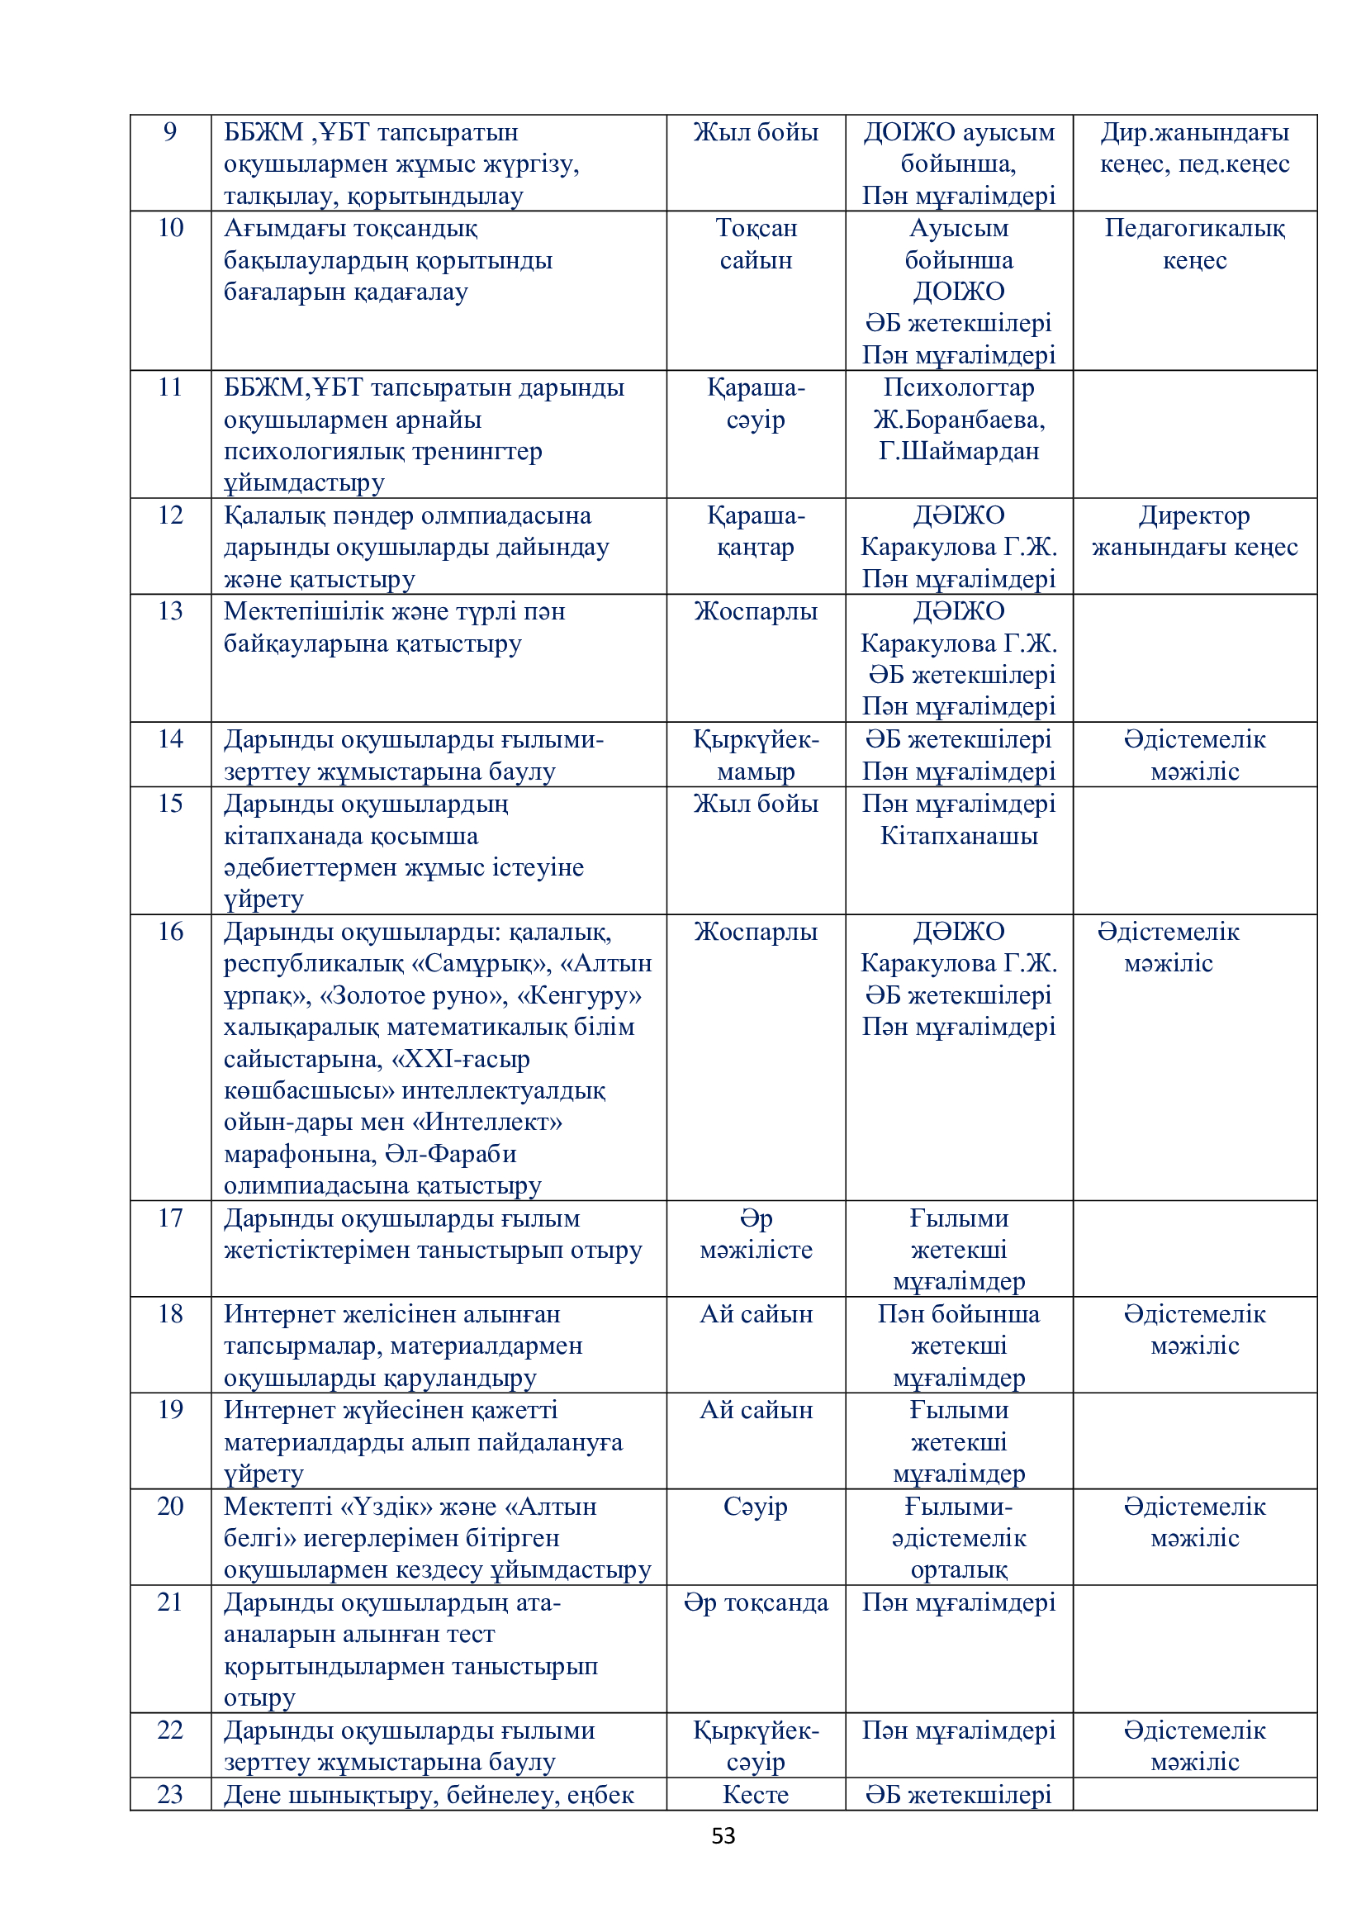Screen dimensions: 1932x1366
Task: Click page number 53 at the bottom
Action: pyautogui.click(x=723, y=1835)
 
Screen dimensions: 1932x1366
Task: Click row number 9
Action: pyautogui.click(x=170, y=132)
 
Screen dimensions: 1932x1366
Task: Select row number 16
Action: pyautogui.click(x=170, y=932)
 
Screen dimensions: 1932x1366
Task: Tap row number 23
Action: pyautogui.click(x=170, y=1794)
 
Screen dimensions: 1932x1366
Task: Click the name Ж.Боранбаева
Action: pyautogui.click(x=959, y=419)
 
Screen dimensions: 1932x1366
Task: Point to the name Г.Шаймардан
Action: pyautogui.click(x=959, y=451)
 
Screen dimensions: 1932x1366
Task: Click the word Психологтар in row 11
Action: pyautogui.click(x=959, y=387)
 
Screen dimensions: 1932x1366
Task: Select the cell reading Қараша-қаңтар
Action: pyautogui.click(x=756, y=531)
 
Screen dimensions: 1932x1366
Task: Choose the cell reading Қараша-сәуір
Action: pyautogui.click(x=756, y=403)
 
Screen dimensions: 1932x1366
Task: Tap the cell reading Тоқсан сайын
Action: pyautogui.click(x=756, y=244)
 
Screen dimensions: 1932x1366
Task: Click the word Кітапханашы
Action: pyautogui.click(x=959, y=836)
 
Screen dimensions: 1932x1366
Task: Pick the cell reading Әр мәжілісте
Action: pyautogui.click(x=756, y=1233)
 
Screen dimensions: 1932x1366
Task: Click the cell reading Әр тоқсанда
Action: pyautogui.click(x=756, y=1602)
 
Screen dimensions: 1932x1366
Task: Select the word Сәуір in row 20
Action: pyautogui.click(x=756, y=1507)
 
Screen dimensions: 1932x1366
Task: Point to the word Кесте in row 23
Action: pyautogui.click(x=756, y=1794)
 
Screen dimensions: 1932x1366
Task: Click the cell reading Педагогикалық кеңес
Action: pyautogui.click(x=1194, y=244)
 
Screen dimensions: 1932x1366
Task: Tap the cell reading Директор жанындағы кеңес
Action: pyautogui.click(x=1194, y=531)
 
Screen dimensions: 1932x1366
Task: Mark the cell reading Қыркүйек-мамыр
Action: pyautogui.click(x=756, y=755)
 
